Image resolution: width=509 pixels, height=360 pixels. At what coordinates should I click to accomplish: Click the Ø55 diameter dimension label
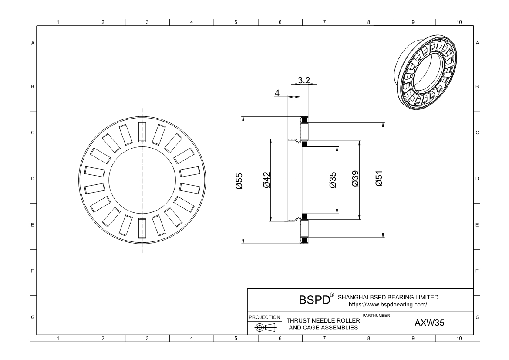(239, 180)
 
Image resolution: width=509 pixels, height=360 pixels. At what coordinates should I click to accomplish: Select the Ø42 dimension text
(266, 180)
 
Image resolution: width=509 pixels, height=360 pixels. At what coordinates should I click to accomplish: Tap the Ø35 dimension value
(333, 180)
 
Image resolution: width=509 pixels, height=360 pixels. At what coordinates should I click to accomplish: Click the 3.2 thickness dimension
(304, 80)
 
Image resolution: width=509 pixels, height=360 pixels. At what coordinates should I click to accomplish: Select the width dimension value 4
(277, 93)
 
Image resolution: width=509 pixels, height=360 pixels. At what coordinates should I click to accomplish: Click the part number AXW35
(429, 323)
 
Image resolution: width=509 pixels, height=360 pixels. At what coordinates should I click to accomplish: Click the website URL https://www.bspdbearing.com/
(388, 305)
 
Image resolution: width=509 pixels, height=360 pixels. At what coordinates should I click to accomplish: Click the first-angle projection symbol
(264, 328)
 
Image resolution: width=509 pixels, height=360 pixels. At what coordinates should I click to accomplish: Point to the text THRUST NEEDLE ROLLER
(323, 321)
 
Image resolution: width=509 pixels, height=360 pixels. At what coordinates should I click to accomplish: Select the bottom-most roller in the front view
(142, 228)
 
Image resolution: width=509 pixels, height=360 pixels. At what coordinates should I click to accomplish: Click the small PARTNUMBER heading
(376, 315)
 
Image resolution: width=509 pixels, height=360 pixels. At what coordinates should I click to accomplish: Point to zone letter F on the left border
(32, 272)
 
